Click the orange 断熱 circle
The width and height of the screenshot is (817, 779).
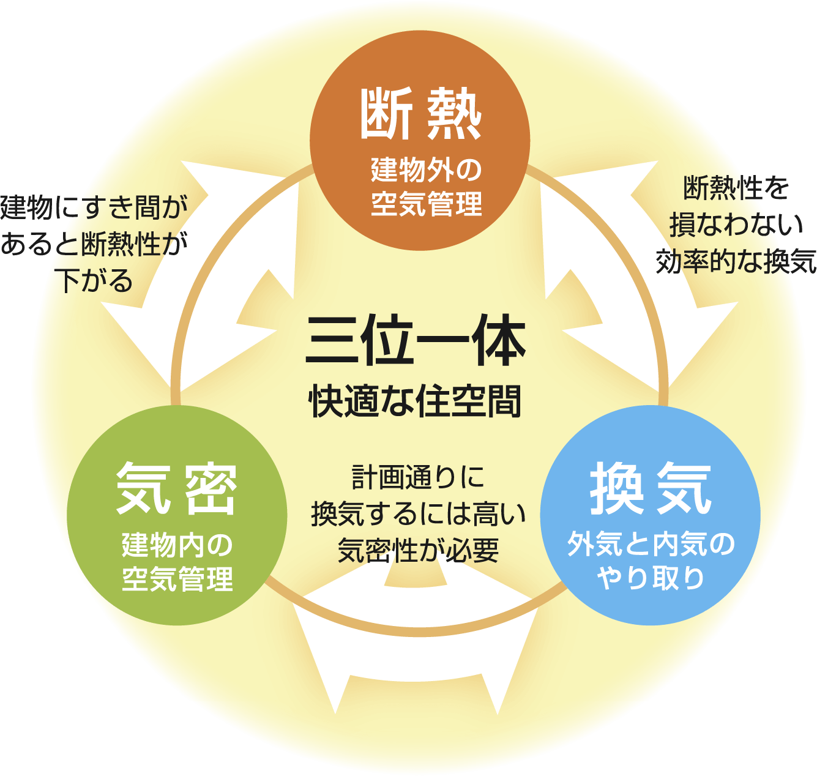(420, 141)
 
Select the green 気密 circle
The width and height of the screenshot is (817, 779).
(177, 515)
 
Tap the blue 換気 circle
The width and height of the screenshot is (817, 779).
(651, 515)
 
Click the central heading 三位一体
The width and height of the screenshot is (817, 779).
(416, 341)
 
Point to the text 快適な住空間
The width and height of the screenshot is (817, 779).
(416, 401)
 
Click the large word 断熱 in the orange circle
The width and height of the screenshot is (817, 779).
(420, 114)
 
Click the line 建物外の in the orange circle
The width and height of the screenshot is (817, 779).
(427, 170)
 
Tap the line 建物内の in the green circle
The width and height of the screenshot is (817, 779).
(177, 544)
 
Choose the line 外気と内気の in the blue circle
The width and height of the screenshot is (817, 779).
(651, 544)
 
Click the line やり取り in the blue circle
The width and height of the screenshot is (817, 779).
(651, 578)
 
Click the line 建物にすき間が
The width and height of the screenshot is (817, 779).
(94, 207)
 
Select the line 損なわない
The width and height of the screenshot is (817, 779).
(736, 225)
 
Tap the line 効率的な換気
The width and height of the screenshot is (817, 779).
(736, 261)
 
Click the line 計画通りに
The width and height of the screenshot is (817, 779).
(418, 477)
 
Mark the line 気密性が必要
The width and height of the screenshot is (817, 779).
(418, 550)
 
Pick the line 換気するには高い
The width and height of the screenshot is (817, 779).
(418, 513)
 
